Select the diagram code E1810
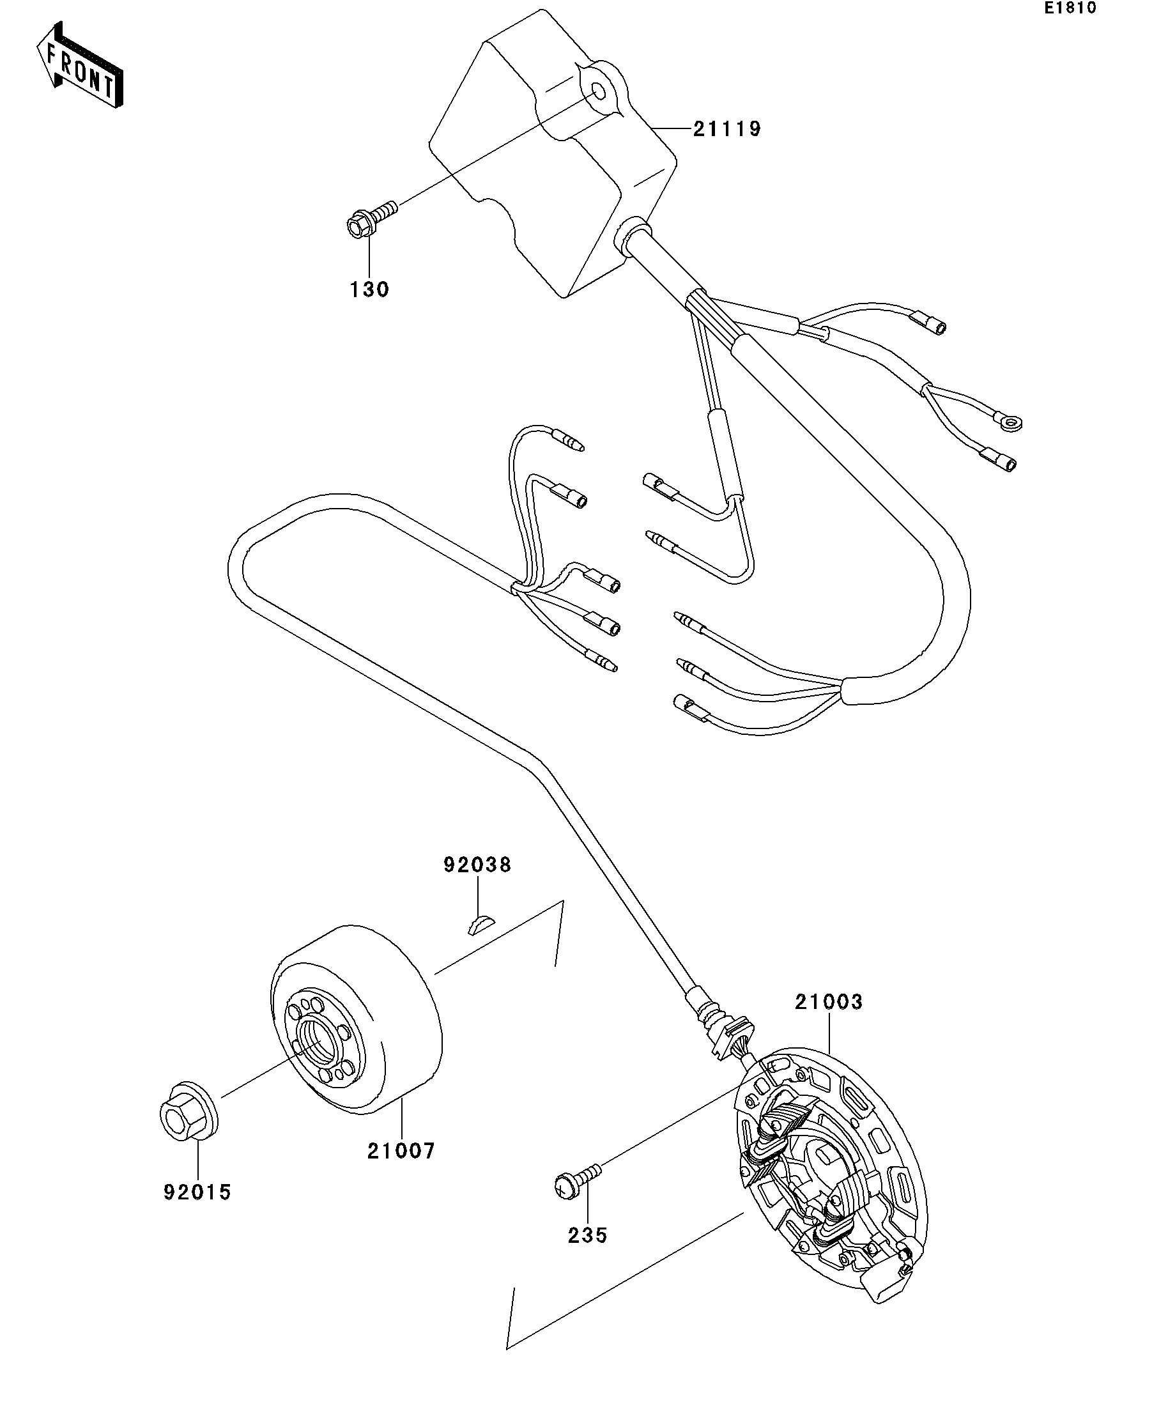coord(1070,9)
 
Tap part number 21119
coord(727,129)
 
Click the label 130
coord(369,290)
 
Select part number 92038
coord(477,865)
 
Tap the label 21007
coord(401,1151)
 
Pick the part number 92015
coord(197,1192)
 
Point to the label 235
coord(587,1235)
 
